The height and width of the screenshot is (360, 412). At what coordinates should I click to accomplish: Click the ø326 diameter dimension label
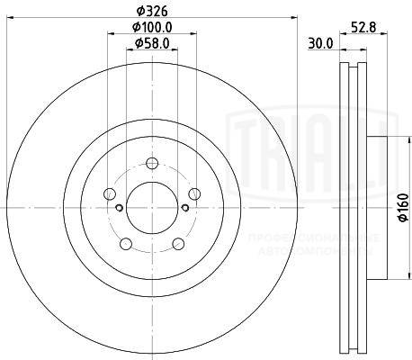point(151,11)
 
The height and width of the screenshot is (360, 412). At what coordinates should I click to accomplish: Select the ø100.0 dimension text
point(152,27)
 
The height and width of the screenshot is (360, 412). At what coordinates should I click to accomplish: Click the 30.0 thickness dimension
point(322,42)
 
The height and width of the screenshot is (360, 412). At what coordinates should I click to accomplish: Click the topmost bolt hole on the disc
point(152,163)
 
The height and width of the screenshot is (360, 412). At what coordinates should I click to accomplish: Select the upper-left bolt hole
point(110,193)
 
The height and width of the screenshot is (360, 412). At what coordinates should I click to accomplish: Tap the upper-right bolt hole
point(193,193)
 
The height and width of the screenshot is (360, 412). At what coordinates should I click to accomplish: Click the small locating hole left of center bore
point(119,208)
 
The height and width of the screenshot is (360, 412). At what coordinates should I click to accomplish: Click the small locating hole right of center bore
point(184,208)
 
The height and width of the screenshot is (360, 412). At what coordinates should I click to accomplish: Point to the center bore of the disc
point(152,208)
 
